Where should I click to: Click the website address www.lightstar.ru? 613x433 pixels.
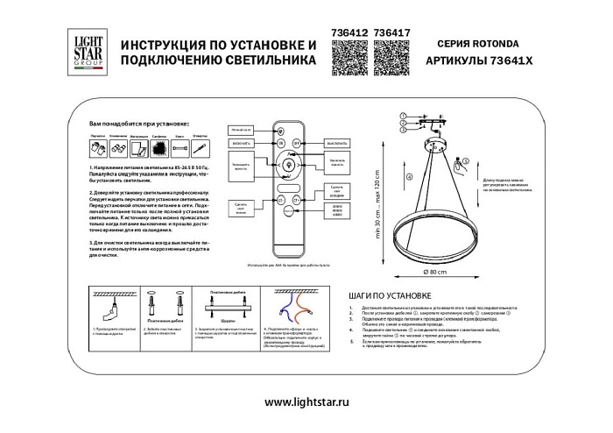click(306, 401)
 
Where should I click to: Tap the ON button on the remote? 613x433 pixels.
click(282, 142)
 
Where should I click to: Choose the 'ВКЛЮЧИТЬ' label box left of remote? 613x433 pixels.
click(243, 142)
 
